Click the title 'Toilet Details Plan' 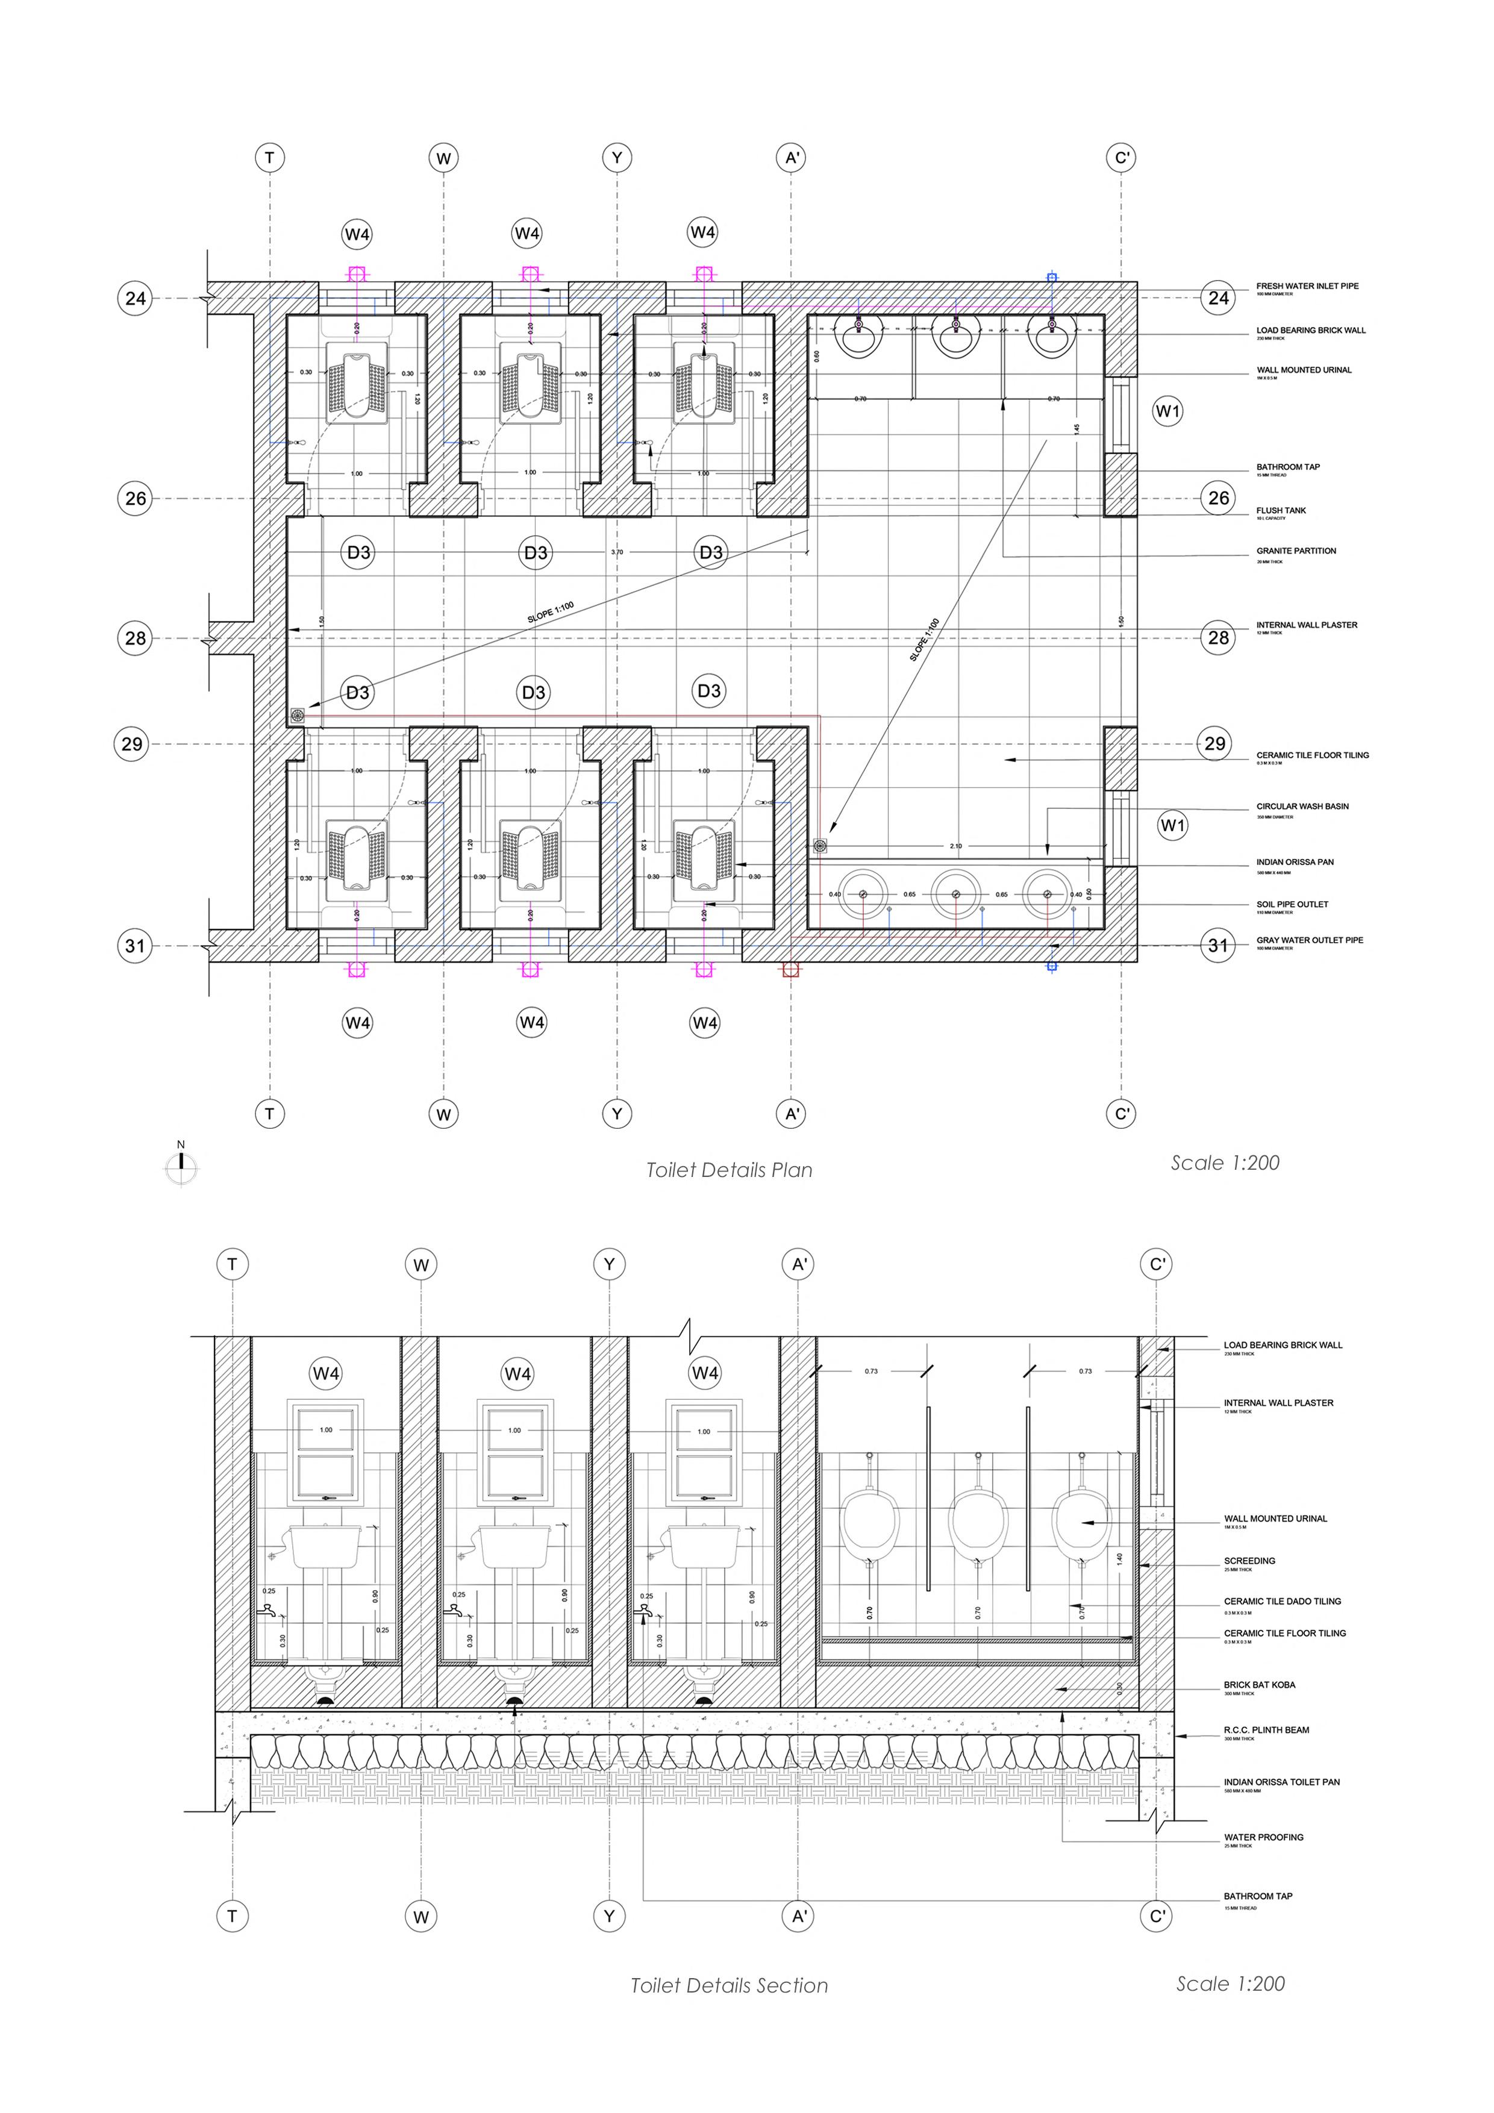tap(729, 1170)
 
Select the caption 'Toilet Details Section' tap(729, 1985)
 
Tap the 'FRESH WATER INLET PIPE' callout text tap(1307, 286)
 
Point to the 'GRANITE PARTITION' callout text tap(1296, 551)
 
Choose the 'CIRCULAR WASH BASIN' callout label tap(1302, 806)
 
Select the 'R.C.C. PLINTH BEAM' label tap(1267, 1730)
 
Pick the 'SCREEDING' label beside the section tap(1249, 1561)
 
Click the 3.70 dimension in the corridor tap(617, 552)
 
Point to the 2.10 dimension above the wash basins tap(955, 846)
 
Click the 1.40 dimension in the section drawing tap(1119, 1559)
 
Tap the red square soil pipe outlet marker tap(790, 969)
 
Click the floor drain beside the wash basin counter tap(820, 845)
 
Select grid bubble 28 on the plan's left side tap(136, 638)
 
